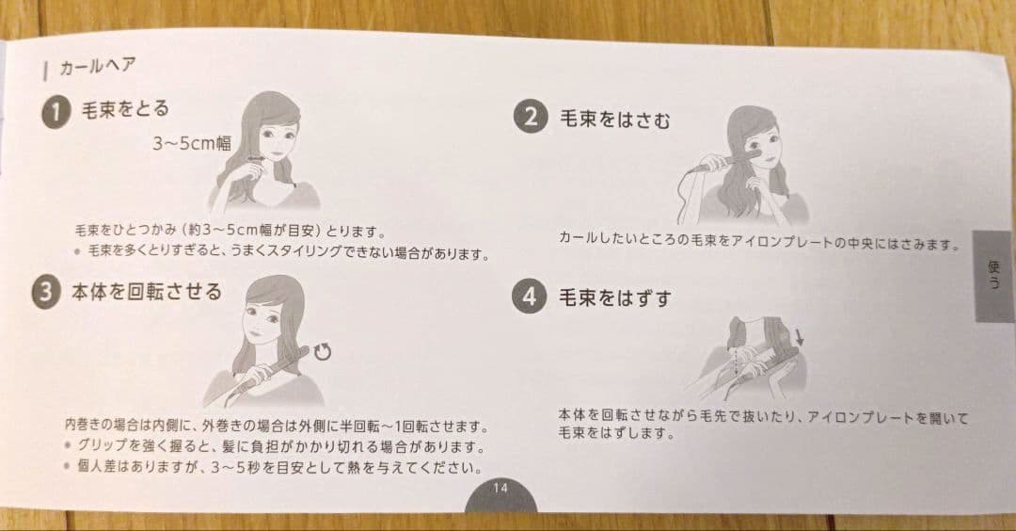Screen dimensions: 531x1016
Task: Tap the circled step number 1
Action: tap(56, 112)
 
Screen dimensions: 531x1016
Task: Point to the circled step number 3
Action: tap(45, 293)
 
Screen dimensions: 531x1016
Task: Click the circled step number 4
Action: tap(531, 298)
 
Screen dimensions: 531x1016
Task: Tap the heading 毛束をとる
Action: tap(126, 109)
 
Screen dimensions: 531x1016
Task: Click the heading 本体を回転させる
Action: tap(147, 291)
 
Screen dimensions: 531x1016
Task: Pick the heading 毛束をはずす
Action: tap(616, 298)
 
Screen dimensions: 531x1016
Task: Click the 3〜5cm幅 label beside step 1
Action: tap(192, 143)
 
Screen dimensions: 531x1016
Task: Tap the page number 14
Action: tap(500, 488)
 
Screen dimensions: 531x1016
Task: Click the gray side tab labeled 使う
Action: tap(993, 276)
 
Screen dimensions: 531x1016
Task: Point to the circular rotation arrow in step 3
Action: tap(324, 352)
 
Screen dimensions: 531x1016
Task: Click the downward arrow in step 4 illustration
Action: tap(801, 336)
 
